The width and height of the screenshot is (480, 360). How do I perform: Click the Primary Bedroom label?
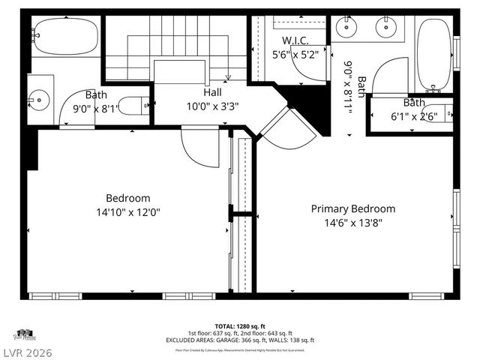tap(352, 209)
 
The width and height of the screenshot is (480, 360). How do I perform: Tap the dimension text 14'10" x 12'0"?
tap(127, 212)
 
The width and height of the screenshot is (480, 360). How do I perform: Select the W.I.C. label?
tap(295, 40)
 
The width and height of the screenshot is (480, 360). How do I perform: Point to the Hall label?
tap(213, 92)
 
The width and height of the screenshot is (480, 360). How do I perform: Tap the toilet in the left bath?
tap(136, 106)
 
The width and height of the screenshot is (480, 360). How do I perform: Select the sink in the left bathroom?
tap(39, 97)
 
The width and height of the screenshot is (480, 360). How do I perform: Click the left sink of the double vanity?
tap(347, 28)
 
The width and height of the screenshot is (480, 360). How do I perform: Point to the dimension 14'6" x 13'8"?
tap(352, 223)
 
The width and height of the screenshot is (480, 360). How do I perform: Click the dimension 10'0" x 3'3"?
tap(213, 106)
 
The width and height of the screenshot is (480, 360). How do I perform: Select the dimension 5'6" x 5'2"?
tap(295, 54)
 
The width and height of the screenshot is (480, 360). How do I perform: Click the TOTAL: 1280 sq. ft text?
tap(240, 327)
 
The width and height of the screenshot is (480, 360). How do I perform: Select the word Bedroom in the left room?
tap(127, 198)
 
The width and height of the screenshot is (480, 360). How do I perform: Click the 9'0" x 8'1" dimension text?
tap(95, 108)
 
